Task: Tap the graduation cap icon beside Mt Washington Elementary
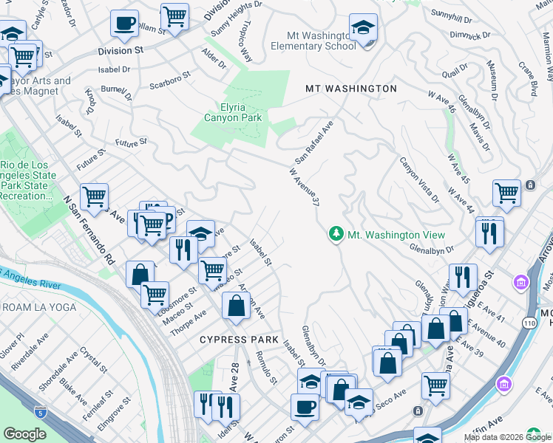(x=363, y=29)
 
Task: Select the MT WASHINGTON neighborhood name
(x=351, y=89)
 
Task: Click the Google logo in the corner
(x=24, y=434)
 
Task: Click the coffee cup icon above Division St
(x=124, y=23)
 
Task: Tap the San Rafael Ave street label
(x=315, y=142)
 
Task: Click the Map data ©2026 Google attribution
(x=507, y=437)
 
